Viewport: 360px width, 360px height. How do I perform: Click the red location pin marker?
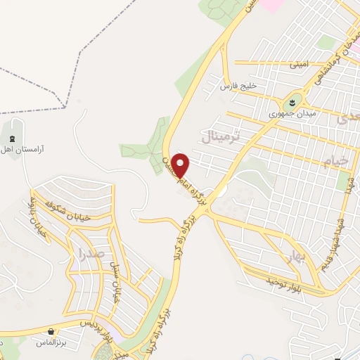(x=181, y=165)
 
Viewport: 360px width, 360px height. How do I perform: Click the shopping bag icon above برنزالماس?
(x=50, y=330)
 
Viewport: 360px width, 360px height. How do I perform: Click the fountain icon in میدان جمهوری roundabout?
(x=293, y=103)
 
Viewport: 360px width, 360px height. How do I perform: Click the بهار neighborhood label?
(x=295, y=256)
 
